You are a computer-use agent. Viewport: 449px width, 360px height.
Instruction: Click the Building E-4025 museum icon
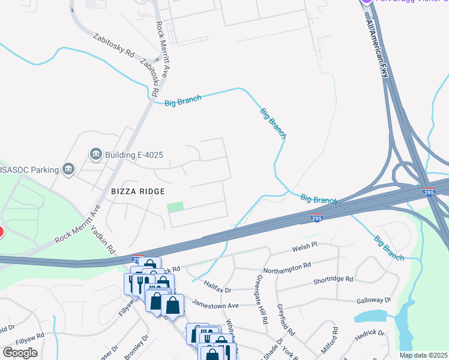pos(95,155)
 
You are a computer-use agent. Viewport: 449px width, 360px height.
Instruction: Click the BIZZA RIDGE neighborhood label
pos(137,191)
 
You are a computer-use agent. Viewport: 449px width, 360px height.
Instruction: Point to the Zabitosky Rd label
pos(113,44)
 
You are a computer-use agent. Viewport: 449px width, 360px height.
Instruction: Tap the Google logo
pos(20,352)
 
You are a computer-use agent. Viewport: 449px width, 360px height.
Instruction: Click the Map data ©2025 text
pos(423,355)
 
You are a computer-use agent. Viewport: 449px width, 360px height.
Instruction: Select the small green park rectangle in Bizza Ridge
pos(175,207)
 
